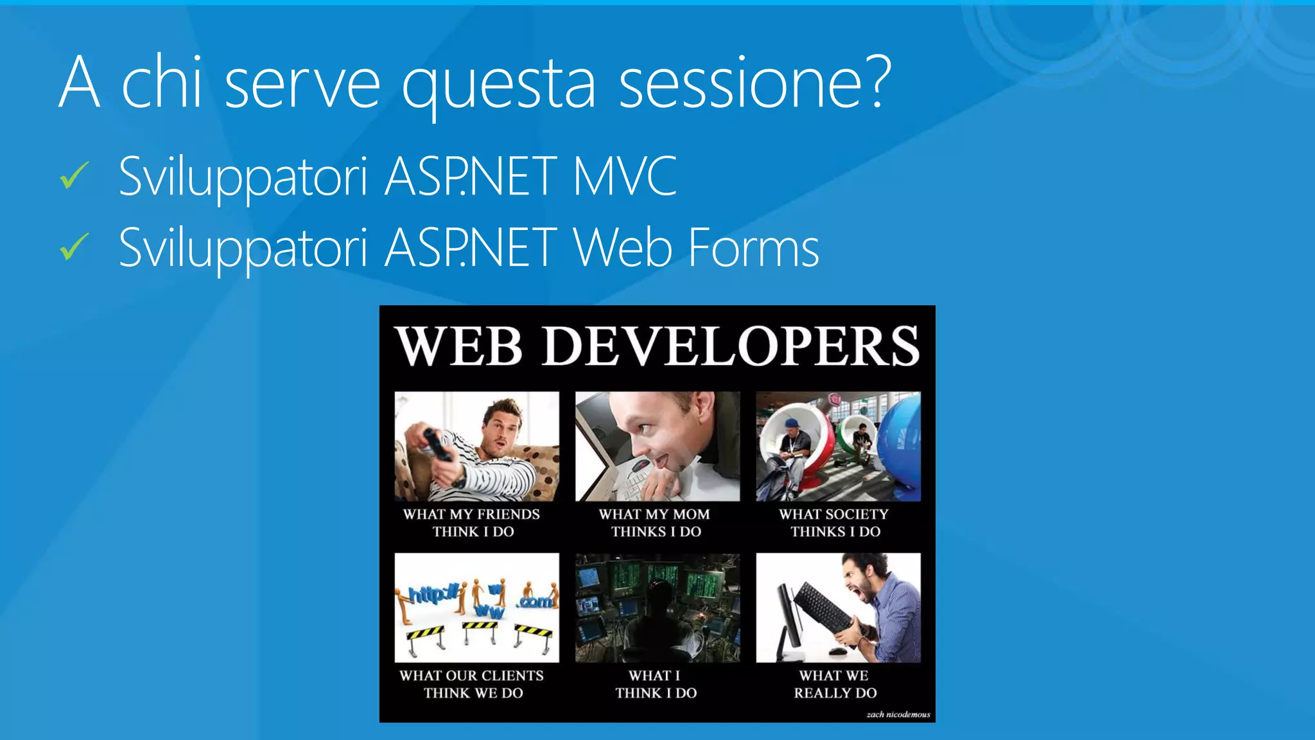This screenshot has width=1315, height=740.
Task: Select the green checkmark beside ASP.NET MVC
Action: (74, 176)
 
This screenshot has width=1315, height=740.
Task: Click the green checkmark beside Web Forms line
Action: (74, 247)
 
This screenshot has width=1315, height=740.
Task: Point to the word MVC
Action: (624, 176)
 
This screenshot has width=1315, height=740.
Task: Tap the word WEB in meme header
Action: (459, 347)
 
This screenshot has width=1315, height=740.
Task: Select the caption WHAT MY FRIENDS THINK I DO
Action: (473, 522)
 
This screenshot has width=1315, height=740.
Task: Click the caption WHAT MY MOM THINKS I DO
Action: (655, 522)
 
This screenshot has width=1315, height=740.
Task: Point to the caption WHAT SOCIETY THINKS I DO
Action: (834, 522)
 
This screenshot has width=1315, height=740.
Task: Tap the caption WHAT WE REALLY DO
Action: (834, 683)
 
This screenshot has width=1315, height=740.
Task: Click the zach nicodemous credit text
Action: (898, 714)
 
